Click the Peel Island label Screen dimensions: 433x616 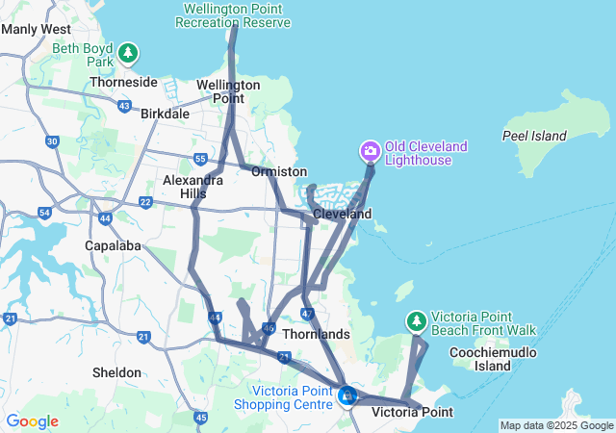coord(535,136)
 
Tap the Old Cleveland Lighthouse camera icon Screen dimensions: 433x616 coord(371,151)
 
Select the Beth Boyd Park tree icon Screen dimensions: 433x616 coord(128,54)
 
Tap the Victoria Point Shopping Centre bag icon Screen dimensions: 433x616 coord(347,395)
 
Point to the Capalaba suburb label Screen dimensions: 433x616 coord(115,245)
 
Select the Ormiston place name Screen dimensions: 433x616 coord(279,171)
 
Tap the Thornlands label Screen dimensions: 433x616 coord(316,334)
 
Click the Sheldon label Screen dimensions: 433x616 coord(116,372)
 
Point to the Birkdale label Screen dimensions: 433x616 coord(165,114)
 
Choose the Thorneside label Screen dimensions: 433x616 coord(123,83)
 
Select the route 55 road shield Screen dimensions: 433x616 coord(199,158)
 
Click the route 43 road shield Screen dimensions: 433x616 coord(124,105)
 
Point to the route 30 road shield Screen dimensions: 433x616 coord(52,141)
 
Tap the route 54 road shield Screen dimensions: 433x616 coord(44,212)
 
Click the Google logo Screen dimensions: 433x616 coord(32,421)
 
